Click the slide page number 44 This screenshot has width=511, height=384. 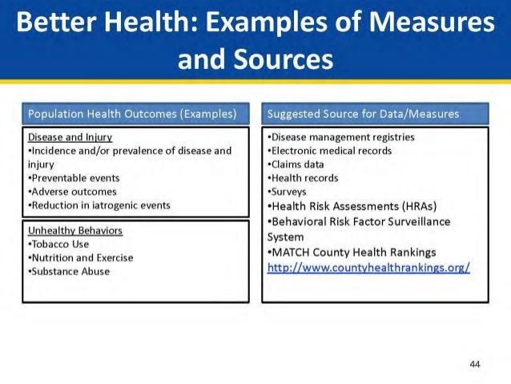tap(474, 365)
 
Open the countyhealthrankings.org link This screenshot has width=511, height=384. tap(368, 266)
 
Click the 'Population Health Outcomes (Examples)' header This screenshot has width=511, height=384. tap(132, 114)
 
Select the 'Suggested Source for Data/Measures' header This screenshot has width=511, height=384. tap(363, 114)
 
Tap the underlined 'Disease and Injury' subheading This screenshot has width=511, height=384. tap(70, 137)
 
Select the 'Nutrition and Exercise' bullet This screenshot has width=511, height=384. tap(81, 258)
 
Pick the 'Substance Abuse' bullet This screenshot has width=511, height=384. tap(69, 272)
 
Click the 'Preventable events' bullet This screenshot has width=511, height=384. tap(74, 178)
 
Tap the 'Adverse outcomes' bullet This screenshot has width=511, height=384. tap(72, 192)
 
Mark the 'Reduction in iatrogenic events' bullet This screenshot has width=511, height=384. tap(99, 205)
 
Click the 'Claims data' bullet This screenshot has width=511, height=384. tap(296, 164)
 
